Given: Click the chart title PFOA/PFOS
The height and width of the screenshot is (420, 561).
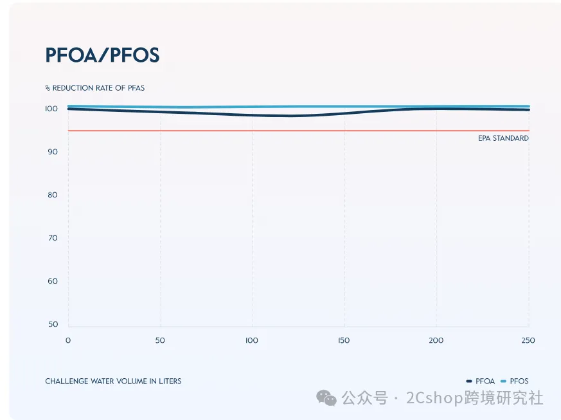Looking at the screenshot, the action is (x=102, y=55).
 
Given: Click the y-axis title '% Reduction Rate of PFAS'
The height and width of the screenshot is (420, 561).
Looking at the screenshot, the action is (x=95, y=87).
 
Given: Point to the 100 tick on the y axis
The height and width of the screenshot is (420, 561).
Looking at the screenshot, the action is (x=51, y=109).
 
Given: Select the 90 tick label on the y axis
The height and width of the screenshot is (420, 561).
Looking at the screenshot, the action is (x=53, y=152).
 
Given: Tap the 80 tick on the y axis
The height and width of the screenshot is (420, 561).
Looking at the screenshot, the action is (x=53, y=195).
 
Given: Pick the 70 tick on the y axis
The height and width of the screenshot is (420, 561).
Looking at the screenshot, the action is (x=53, y=238).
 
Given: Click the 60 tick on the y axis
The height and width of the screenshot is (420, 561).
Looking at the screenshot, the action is (x=53, y=281).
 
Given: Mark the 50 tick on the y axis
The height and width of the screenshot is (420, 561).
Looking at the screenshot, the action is (x=53, y=324).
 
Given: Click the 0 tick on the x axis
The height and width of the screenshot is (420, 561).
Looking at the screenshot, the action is (x=68, y=340).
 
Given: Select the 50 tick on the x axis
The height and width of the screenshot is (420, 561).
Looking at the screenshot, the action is (x=160, y=340).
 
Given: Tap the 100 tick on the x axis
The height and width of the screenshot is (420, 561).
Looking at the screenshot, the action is (x=251, y=340).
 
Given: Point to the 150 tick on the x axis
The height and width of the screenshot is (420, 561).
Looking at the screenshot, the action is (x=344, y=340).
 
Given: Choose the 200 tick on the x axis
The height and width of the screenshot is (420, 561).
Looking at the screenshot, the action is (x=436, y=340).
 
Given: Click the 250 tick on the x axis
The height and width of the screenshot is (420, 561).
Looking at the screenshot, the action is (x=528, y=340).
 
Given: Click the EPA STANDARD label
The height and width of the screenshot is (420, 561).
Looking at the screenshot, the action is (x=503, y=138).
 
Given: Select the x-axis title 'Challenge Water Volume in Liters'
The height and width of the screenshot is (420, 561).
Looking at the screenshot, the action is (x=113, y=381).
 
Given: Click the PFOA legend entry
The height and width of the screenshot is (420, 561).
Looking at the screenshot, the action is (x=480, y=381).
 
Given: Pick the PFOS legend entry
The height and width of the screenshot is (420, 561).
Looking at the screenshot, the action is (x=515, y=381).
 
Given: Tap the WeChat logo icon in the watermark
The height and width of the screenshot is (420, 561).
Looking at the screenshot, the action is (x=326, y=397).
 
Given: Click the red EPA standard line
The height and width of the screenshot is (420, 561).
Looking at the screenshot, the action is (x=299, y=131).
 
